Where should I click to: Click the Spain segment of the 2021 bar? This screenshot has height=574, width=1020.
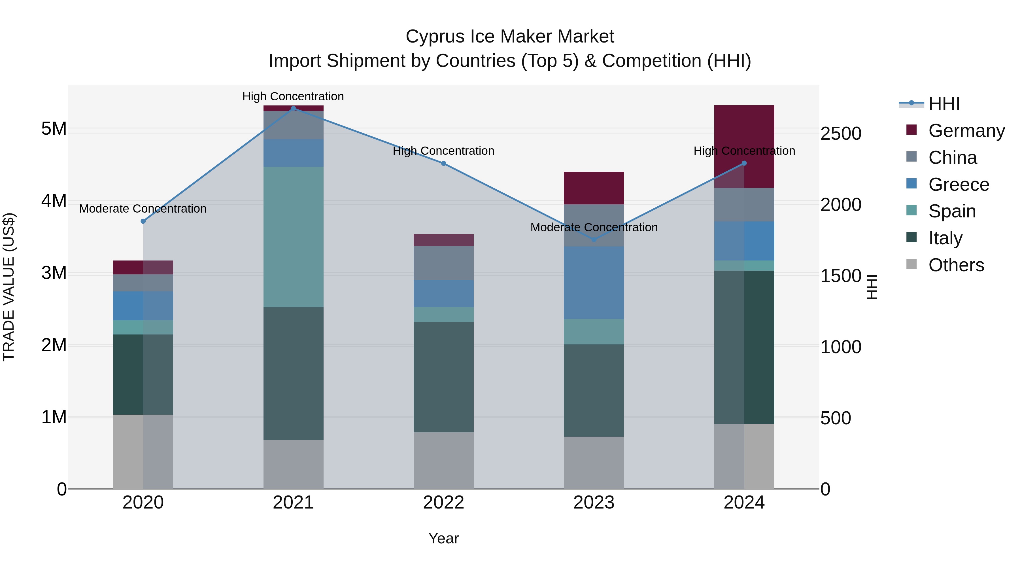[x=294, y=237]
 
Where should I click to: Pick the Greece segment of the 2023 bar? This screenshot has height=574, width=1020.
[x=594, y=283]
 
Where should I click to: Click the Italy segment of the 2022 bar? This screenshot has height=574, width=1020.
[x=443, y=377]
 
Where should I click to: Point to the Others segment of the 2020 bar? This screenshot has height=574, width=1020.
[x=143, y=452]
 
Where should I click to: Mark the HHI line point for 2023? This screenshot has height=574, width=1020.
[x=594, y=240]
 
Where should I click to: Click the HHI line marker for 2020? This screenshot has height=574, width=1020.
[x=143, y=221]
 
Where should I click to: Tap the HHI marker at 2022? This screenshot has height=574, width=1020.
[x=443, y=164]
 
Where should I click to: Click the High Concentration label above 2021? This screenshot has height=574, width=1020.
[x=293, y=96]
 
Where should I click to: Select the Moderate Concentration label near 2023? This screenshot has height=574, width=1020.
[x=594, y=227]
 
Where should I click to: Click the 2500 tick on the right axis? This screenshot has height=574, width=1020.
[x=840, y=134]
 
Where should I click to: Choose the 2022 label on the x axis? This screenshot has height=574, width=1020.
[x=443, y=503]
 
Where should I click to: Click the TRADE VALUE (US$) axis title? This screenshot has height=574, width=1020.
[x=9, y=287]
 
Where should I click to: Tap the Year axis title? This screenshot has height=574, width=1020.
[x=443, y=538]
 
